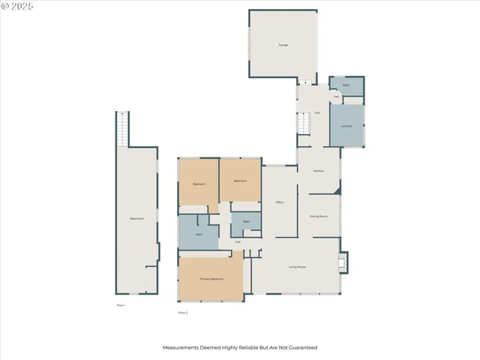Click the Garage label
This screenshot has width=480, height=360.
283,45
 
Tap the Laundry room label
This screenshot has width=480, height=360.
346,126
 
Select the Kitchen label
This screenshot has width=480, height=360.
318,171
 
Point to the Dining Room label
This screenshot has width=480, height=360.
319,216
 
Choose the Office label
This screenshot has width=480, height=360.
279,202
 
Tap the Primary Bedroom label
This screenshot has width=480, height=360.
211,279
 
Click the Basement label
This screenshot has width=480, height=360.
136,218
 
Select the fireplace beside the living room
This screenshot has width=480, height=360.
344,262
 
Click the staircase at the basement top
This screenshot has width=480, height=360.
122,128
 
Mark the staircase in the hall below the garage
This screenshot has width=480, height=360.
304,123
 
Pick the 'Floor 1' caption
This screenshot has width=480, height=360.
121,305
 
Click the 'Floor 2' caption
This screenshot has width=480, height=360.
182,312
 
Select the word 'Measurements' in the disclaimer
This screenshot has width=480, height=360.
181,348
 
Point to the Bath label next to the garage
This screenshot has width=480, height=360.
346,85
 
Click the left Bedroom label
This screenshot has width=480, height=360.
199,184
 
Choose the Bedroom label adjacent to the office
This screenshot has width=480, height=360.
240,181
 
